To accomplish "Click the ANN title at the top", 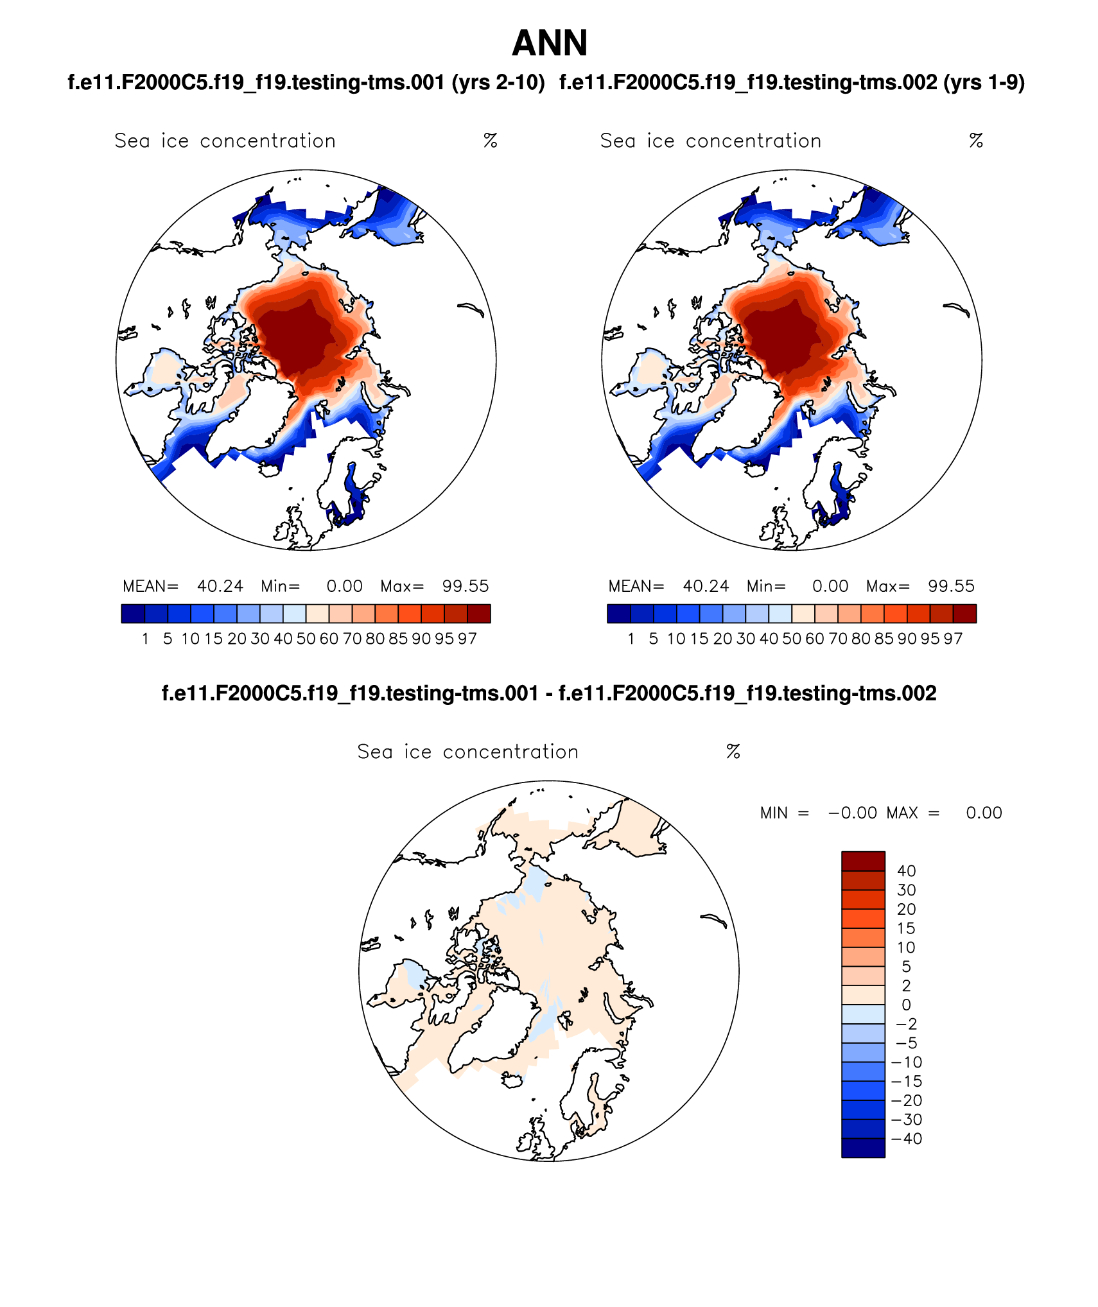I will click(550, 44).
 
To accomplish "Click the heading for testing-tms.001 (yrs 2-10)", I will click(306, 83).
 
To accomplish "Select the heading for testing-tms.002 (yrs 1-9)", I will click(792, 83).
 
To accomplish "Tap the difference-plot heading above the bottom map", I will click(549, 693).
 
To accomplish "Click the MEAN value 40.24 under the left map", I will click(220, 586).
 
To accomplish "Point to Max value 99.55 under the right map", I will click(951, 586).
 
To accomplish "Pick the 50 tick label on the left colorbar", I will click(306, 639).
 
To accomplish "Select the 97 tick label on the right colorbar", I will click(953, 639).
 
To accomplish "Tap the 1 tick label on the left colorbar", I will click(146, 639).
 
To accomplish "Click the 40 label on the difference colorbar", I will click(906, 871).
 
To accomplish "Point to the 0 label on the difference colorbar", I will click(906, 1005).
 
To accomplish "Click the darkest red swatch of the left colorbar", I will click(479, 614).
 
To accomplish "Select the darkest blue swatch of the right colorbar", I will click(618, 614).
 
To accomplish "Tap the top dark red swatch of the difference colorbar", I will click(863, 861).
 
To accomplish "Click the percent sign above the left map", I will click(491, 141).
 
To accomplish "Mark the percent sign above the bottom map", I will click(733, 752).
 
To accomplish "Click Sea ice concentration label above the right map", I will click(711, 141).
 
